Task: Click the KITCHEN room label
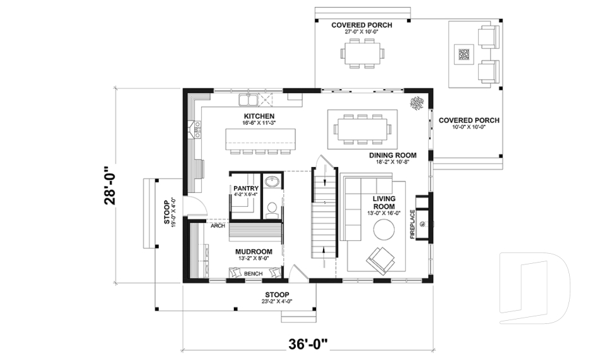(259, 116)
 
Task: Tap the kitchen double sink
(247, 100)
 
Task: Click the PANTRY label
(246, 189)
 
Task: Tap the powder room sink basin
(273, 183)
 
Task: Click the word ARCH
(218, 225)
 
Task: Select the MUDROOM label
(254, 251)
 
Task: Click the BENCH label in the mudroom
(253, 273)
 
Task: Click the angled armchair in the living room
(381, 259)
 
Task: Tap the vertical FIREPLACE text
(413, 225)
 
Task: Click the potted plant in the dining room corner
(417, 102)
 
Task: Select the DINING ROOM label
(393, 155)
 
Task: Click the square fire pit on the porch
(465, 54)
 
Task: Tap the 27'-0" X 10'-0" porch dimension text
(362, 32)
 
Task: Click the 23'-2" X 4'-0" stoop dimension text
(277, 302)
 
